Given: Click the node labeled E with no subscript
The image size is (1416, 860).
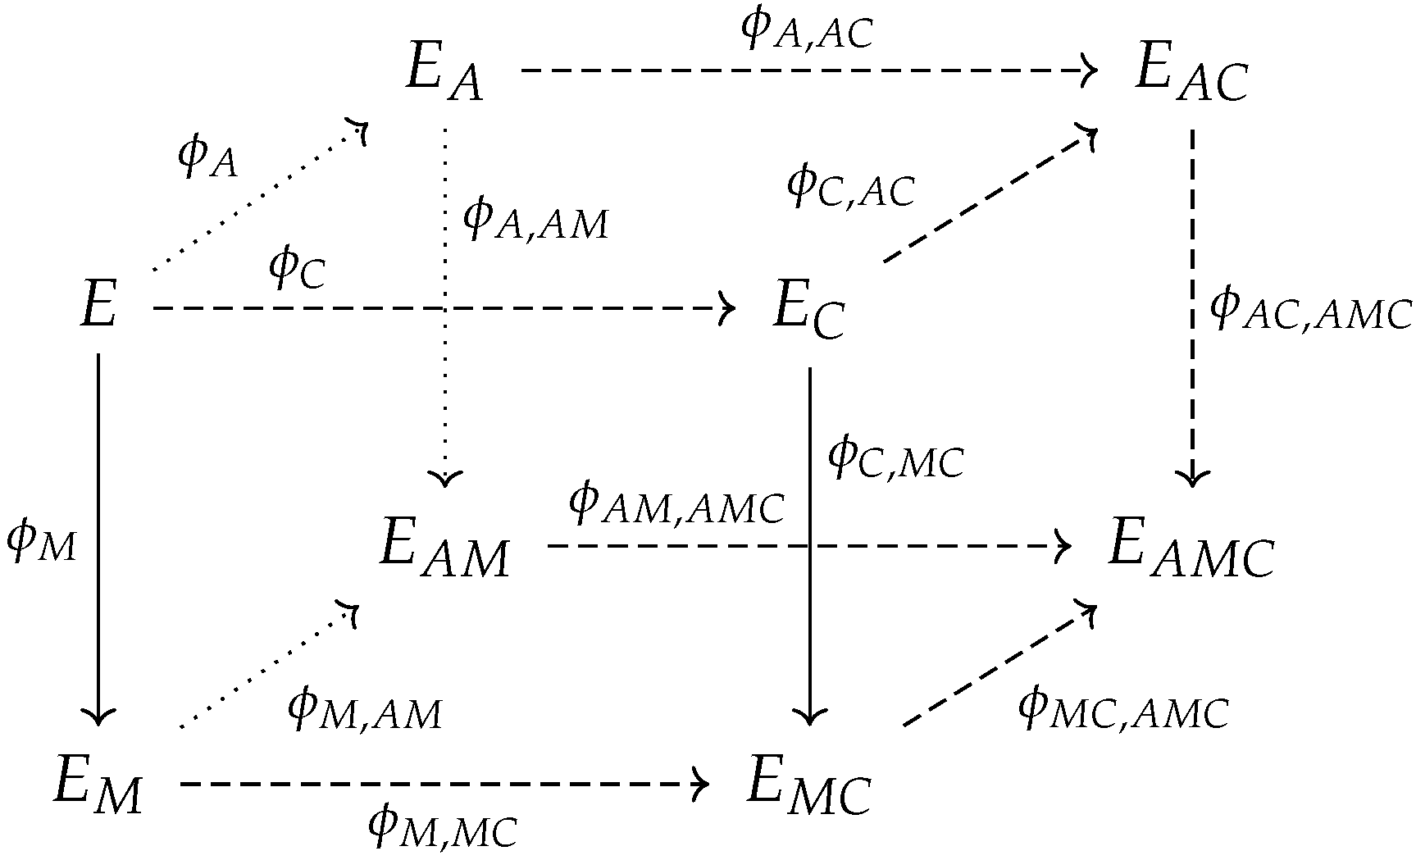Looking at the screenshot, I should [x=98, y=307].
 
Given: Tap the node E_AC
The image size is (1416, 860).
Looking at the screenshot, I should [x=1191, y=74].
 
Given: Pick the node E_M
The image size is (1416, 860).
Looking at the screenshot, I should [x=98, y=785].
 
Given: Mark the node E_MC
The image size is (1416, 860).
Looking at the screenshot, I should [x=808, y=785].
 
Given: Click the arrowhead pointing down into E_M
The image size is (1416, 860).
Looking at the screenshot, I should [x=98, y=718].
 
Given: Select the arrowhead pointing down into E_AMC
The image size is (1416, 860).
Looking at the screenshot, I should [x=1191, y=479].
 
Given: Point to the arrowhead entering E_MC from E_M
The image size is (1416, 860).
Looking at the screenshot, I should [x=702, y=785].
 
